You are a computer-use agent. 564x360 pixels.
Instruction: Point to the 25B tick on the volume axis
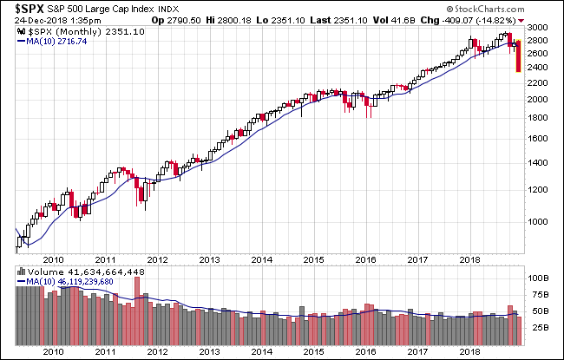point(539,328)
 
